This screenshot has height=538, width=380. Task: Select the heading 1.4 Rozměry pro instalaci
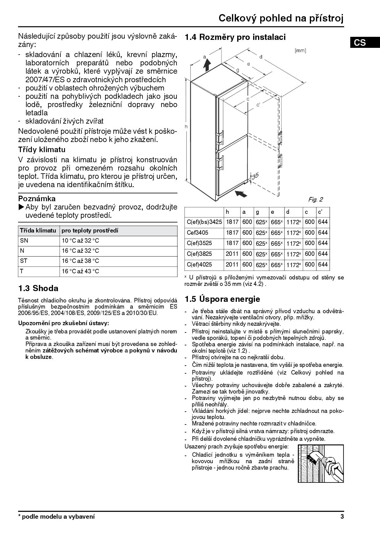[235, 37]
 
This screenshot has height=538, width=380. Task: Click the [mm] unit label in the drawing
[300, 51]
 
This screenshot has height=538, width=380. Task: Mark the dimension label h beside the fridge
[186, 126]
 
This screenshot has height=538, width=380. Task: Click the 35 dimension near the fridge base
[255, 175]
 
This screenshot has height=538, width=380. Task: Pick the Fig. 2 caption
[315, 200]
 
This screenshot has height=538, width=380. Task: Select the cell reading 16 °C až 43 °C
[80, 271]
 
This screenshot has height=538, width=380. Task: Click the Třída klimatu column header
[38, 230]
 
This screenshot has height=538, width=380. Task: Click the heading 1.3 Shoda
[38, 288]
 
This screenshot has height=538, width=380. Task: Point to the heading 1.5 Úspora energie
[222, 299]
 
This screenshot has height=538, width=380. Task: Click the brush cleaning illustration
[321, 463]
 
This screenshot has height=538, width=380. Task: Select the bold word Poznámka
[37, 198]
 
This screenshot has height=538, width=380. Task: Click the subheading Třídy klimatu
[42, 150]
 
